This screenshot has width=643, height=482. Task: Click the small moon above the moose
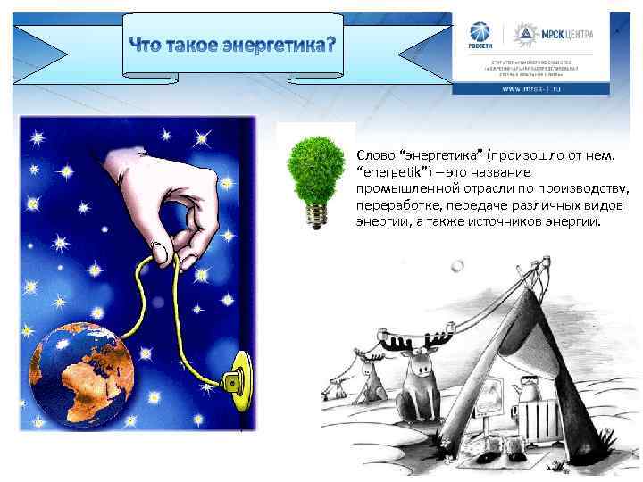(458, 266)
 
